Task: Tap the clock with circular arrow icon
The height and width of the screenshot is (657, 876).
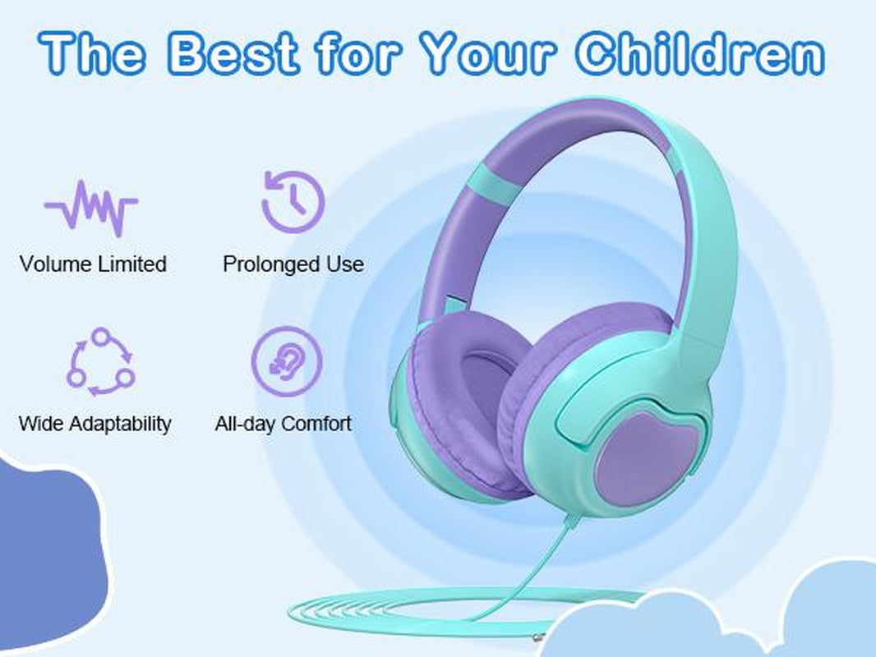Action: pos(293,200)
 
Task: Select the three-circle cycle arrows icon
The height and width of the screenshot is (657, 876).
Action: pos(100,361)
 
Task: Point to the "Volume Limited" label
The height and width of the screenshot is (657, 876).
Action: pos(93,264)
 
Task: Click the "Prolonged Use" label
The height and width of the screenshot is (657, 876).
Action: pos(293,264)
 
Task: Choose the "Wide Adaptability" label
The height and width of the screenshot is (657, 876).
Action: pos(95,424)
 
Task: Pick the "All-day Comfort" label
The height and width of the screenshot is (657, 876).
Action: pos(284,424)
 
